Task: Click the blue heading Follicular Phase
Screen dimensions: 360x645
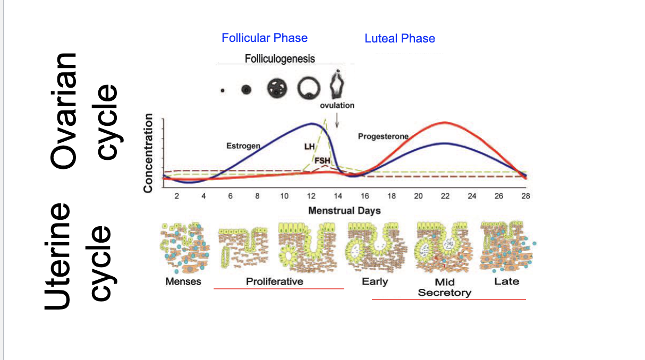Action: tap(265, 38)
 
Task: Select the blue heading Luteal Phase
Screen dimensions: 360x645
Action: tap(400, 38)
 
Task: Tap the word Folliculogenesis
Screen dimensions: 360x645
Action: tap(279, 58)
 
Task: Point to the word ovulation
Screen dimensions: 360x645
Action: tap(337, 105)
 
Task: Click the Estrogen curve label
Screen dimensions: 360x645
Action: tap(243, 145)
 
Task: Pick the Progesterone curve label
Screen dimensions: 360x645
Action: tap(383, 136)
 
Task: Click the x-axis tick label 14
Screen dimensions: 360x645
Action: tap(338, 196)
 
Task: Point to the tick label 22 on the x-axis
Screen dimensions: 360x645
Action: tap(445, 196)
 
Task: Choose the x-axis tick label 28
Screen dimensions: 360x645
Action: tap(526, 196)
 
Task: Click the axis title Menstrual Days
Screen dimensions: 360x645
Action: tap(344, 211)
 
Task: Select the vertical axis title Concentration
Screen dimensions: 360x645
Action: tap(148, 152)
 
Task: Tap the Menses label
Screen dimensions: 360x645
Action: tap(183, 281)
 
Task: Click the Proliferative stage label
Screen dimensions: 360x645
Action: tap(275, 281)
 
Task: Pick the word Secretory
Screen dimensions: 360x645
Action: tap(444, 293)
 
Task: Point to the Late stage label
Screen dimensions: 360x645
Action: tap(506, 281)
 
